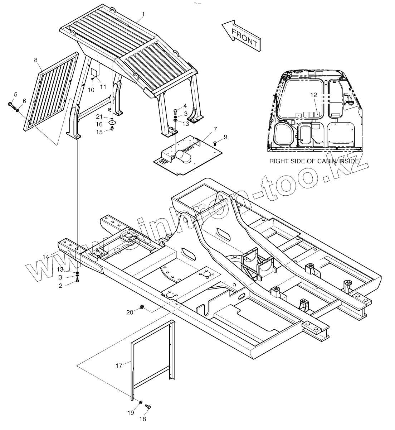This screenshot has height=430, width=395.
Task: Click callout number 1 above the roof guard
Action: [143, 14]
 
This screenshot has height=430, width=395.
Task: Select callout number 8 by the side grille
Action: [36, 60]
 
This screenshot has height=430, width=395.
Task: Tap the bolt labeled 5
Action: [10, 105]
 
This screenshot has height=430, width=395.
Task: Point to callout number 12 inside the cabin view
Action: [313, 95]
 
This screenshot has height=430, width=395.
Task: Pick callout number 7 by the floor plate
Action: [215, 129]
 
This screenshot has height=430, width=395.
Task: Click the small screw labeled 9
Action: [215, 143]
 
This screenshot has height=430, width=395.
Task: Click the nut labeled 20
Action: [141, 307]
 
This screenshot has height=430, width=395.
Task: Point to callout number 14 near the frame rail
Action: [46, 257]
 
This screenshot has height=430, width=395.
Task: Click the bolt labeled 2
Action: [77, 282]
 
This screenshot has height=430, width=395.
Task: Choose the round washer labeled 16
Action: [112, 123]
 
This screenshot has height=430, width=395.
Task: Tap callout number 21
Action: [99, 116]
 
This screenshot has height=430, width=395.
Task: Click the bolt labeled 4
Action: [175, 111]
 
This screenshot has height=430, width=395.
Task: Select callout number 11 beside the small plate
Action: [103, 86]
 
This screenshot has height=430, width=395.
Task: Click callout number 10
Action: [91, 90]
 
